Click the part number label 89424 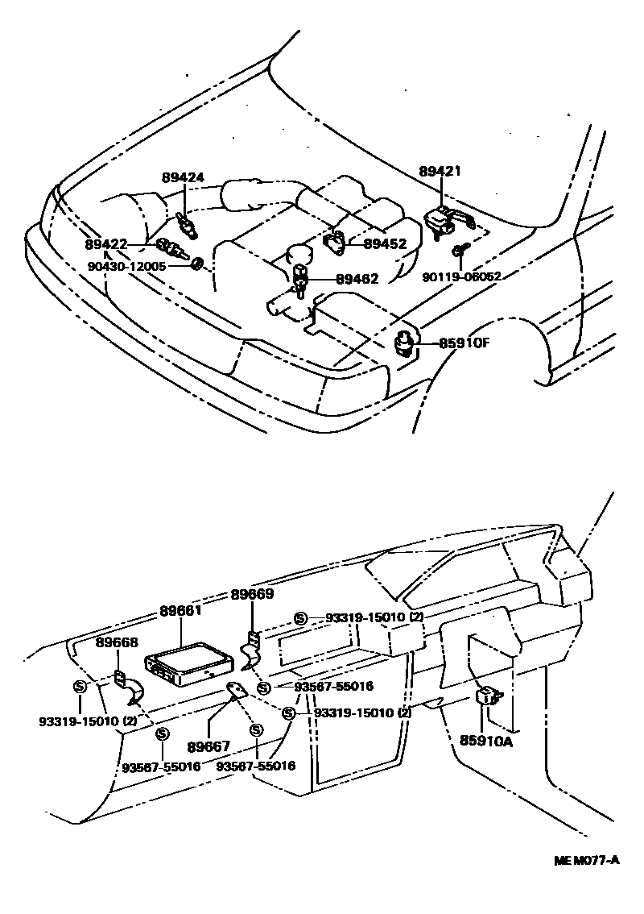pyautogui.click(x=183, y=179)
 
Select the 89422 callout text pyautogui.click(x=106, y=244)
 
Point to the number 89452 pyautogui.click(x=385, y=243)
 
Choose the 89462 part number pyautogui.click(x=357, y=279)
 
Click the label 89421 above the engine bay pyautogui.click(x=440, y=171)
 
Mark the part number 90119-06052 pyautogui.click(x=462, y=276)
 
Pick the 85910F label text pyautogui.click(x=464, y=343)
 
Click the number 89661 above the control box pyautogui.click(x=181, y=612)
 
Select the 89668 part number pyautogui.click(x=117, y=642)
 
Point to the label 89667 pyautogui.click(x=208, y=747)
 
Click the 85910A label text pyautogui.click(x=486, y=738)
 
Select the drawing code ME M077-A pyautogui.click(x=587, y=860)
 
